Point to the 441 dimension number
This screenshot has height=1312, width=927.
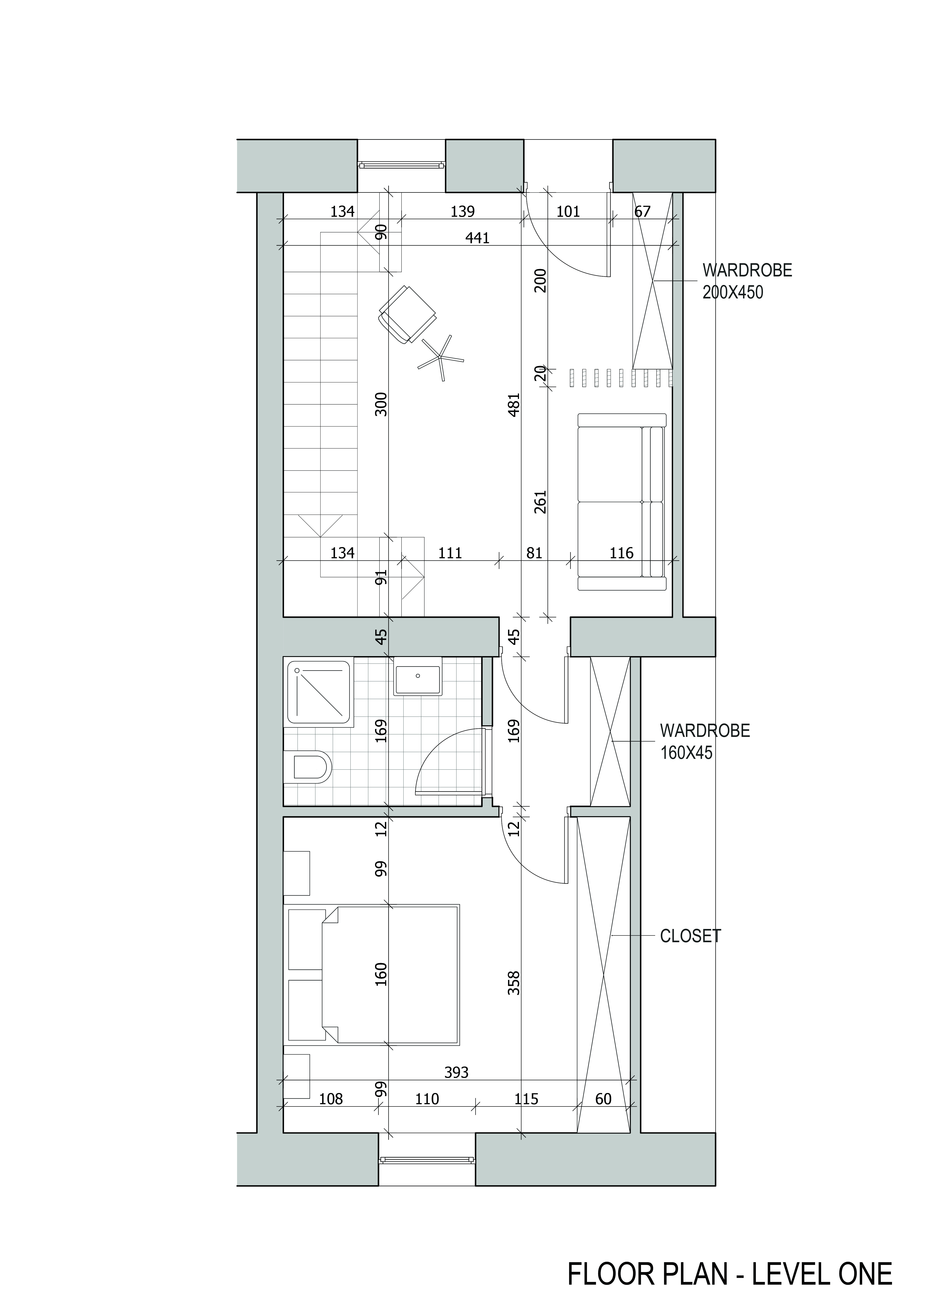click(x=478, y=238)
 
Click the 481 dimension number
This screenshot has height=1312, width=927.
click(x=514, y=405)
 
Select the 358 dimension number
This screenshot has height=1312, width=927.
click(x=514, y=983)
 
